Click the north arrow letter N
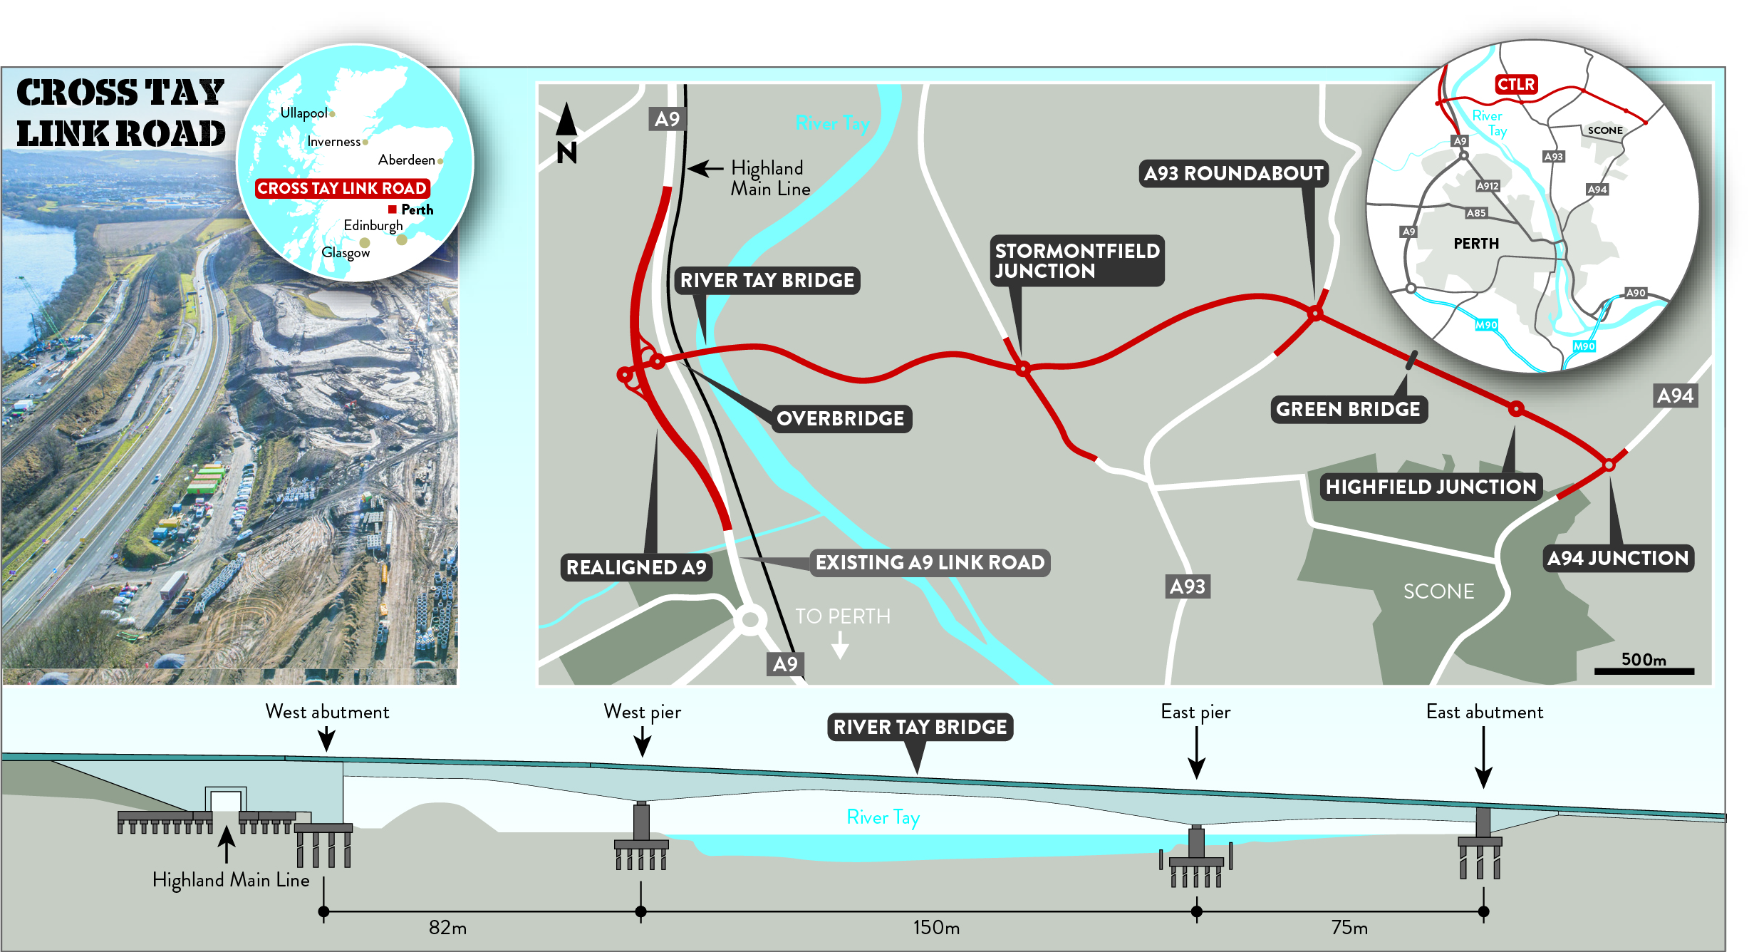[567, 152]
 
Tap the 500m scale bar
[1644, 671]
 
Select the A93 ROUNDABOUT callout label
[1233, 173]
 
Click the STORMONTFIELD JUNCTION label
[1076, 261]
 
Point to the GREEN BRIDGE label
[1348, 409]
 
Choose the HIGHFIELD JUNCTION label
[1431, 487]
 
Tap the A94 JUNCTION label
[1618, 558]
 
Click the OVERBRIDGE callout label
[840, 418]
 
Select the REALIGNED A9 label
[636, 567]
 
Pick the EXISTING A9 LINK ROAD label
[930, 562]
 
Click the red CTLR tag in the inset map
[1515, 85]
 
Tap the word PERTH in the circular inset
[1476, 244]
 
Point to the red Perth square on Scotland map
[392, 209]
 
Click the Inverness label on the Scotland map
[333, 142]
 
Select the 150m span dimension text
[936, 928]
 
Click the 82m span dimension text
[447, 928]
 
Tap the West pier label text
[642, 712]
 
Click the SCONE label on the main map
[1438, 591]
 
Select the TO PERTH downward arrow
[841, 645]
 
